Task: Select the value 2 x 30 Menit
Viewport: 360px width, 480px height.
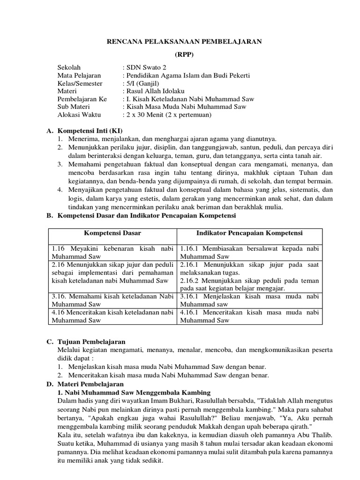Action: click(146, 115)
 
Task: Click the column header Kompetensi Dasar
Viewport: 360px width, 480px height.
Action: click(112, 233)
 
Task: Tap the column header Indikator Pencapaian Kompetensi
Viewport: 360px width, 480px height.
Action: click(249, 233)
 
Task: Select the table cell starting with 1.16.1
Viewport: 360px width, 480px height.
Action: click(249, 252)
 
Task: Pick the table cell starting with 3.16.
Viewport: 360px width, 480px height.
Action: click(112, 300)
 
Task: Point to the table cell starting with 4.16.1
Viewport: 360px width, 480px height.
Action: click(249, 316)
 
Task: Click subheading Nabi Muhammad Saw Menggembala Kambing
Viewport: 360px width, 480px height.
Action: click(134, 392)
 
